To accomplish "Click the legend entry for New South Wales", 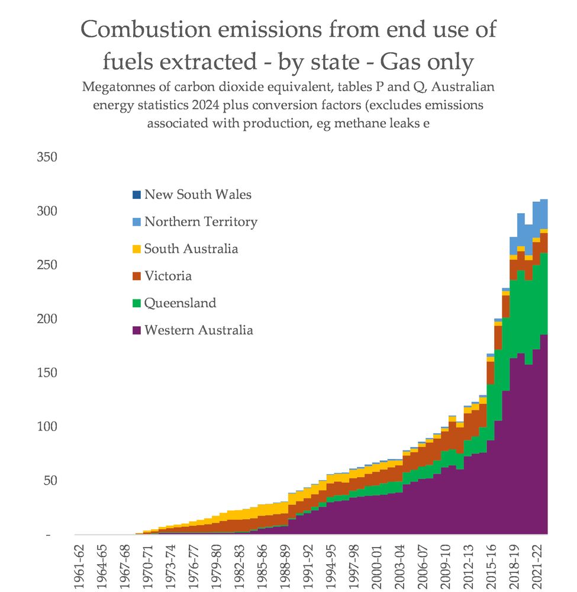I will tap(198, 195).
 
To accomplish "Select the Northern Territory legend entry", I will tap(201, 222).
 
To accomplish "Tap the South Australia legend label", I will tap(191, 249).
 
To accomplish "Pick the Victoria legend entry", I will tap(167, 276).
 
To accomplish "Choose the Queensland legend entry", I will tap(180, 303).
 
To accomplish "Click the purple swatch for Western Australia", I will tap(137, 330).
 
